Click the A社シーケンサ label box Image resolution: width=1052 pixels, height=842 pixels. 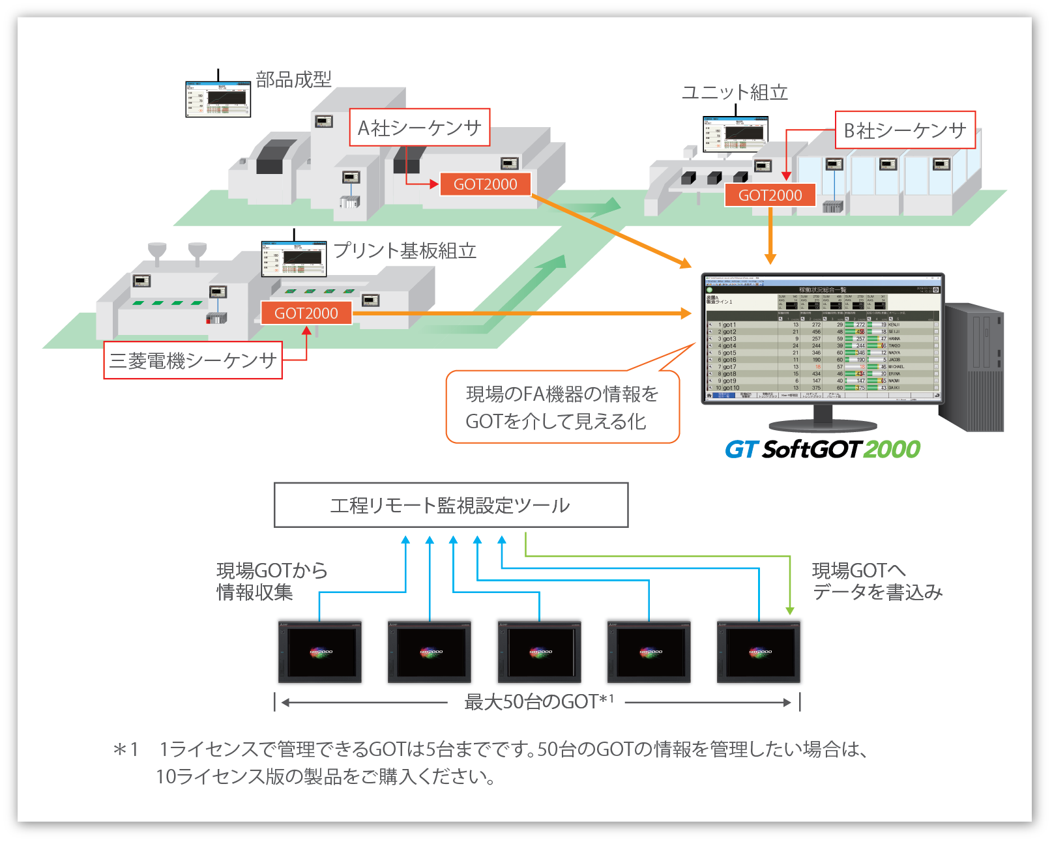pos(419,128)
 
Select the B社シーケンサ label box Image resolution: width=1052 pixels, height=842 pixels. pos(905,130)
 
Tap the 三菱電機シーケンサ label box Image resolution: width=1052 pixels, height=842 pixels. pos(193,360)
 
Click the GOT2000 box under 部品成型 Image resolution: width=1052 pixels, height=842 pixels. pos(485,184)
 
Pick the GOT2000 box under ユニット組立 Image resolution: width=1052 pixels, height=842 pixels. pos(770,195)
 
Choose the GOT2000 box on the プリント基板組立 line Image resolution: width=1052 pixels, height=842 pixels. pos(306,313)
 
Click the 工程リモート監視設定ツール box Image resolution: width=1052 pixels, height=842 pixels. pos(451,505)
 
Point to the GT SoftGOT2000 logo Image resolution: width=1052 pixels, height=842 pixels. pos(823,449)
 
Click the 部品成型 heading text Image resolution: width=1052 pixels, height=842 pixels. pos(293,80)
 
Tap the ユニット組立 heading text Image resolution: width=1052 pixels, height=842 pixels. pos(735,93)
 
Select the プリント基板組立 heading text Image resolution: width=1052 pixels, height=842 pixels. pos(405,251)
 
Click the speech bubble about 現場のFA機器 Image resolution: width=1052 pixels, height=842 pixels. pos(562,407)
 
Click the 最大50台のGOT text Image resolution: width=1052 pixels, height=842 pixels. pos(538,702)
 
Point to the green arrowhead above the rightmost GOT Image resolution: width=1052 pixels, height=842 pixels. pos(790,611)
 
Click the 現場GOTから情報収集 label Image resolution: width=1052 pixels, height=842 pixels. pos(271,581)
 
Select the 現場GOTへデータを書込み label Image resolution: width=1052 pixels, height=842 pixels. pos(877,581)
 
